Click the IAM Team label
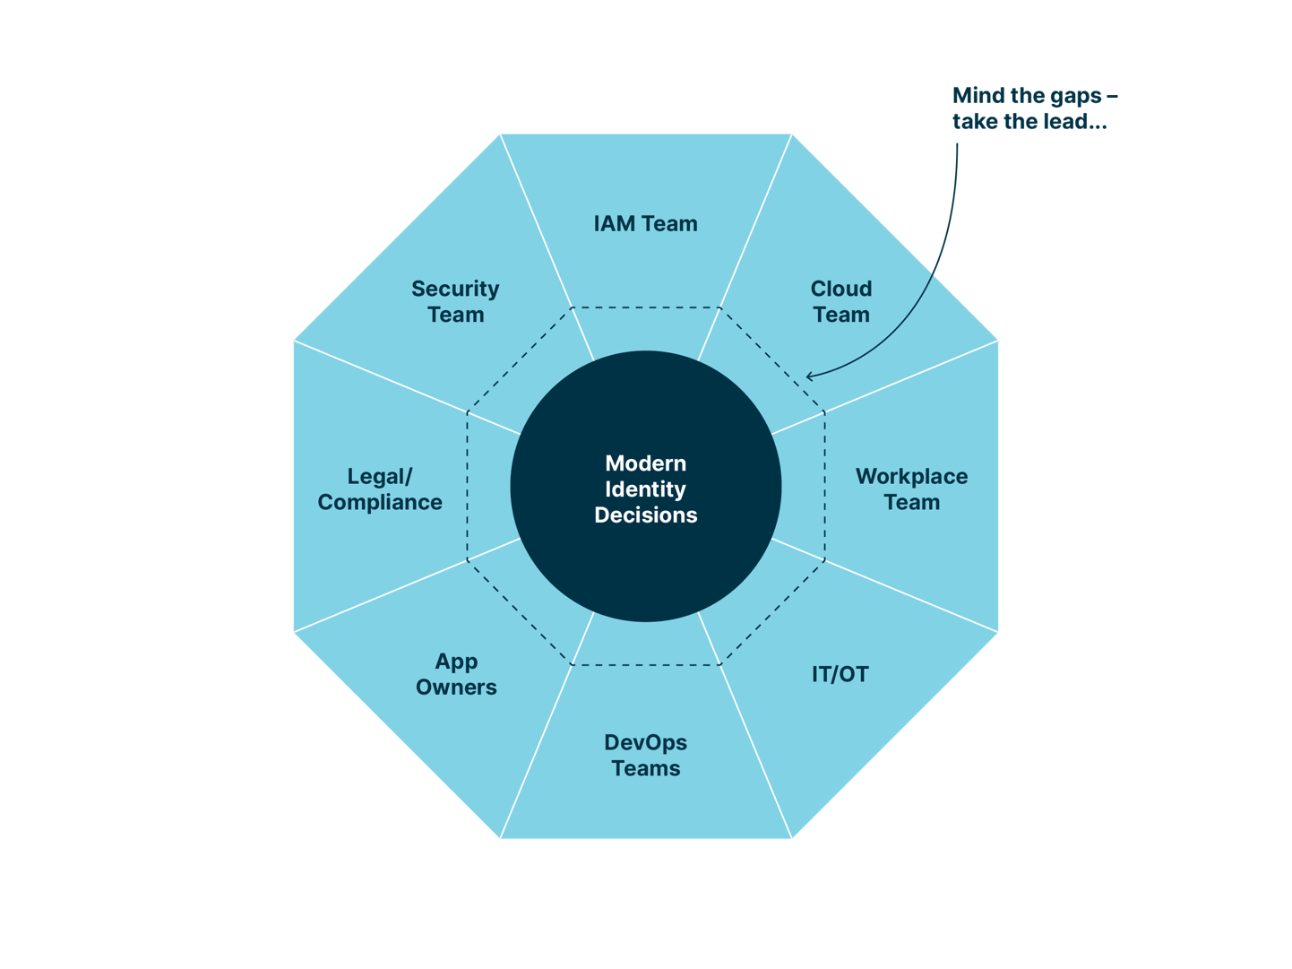(x=645, y=224)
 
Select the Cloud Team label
(x=840, y=302)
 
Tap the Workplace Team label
(x=911, y=489)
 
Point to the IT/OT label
(x=840, y=675)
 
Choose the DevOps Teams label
(x=645, y=756)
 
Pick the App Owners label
(x=455, y=674)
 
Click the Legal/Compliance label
(x=380, y=489)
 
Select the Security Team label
(x=455, y=302)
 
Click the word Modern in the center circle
(x=645, y=463)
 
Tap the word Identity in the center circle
(x=645, y=489)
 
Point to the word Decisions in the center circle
(x=645, y=515)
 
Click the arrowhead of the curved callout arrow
(x=809, y=376)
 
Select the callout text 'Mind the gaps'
(x=1034, y=96)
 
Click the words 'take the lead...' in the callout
(x=1029, y=122)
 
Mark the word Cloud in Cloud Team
(x=840, y=289)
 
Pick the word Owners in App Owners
(x=455, y=688)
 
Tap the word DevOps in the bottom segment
(x=645, y=743)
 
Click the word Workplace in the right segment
(x=911, y=477)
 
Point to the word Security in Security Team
(x=455, y=289)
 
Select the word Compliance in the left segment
(x=380, y=503)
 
